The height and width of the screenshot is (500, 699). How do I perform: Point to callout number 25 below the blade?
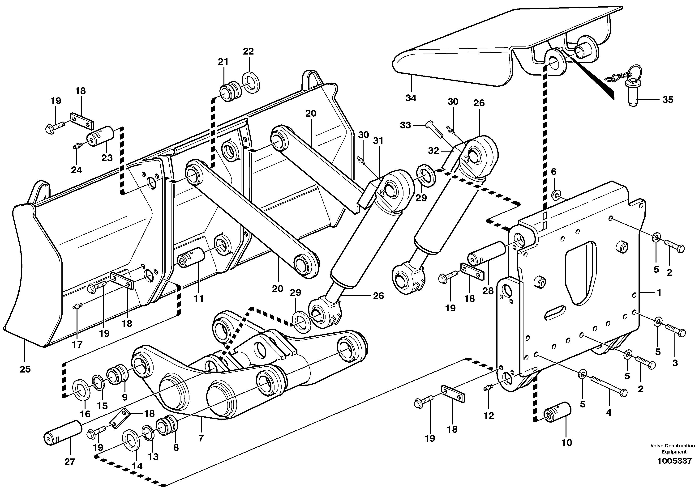(25, 369)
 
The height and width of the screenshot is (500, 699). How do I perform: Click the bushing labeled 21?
(230, 92)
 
